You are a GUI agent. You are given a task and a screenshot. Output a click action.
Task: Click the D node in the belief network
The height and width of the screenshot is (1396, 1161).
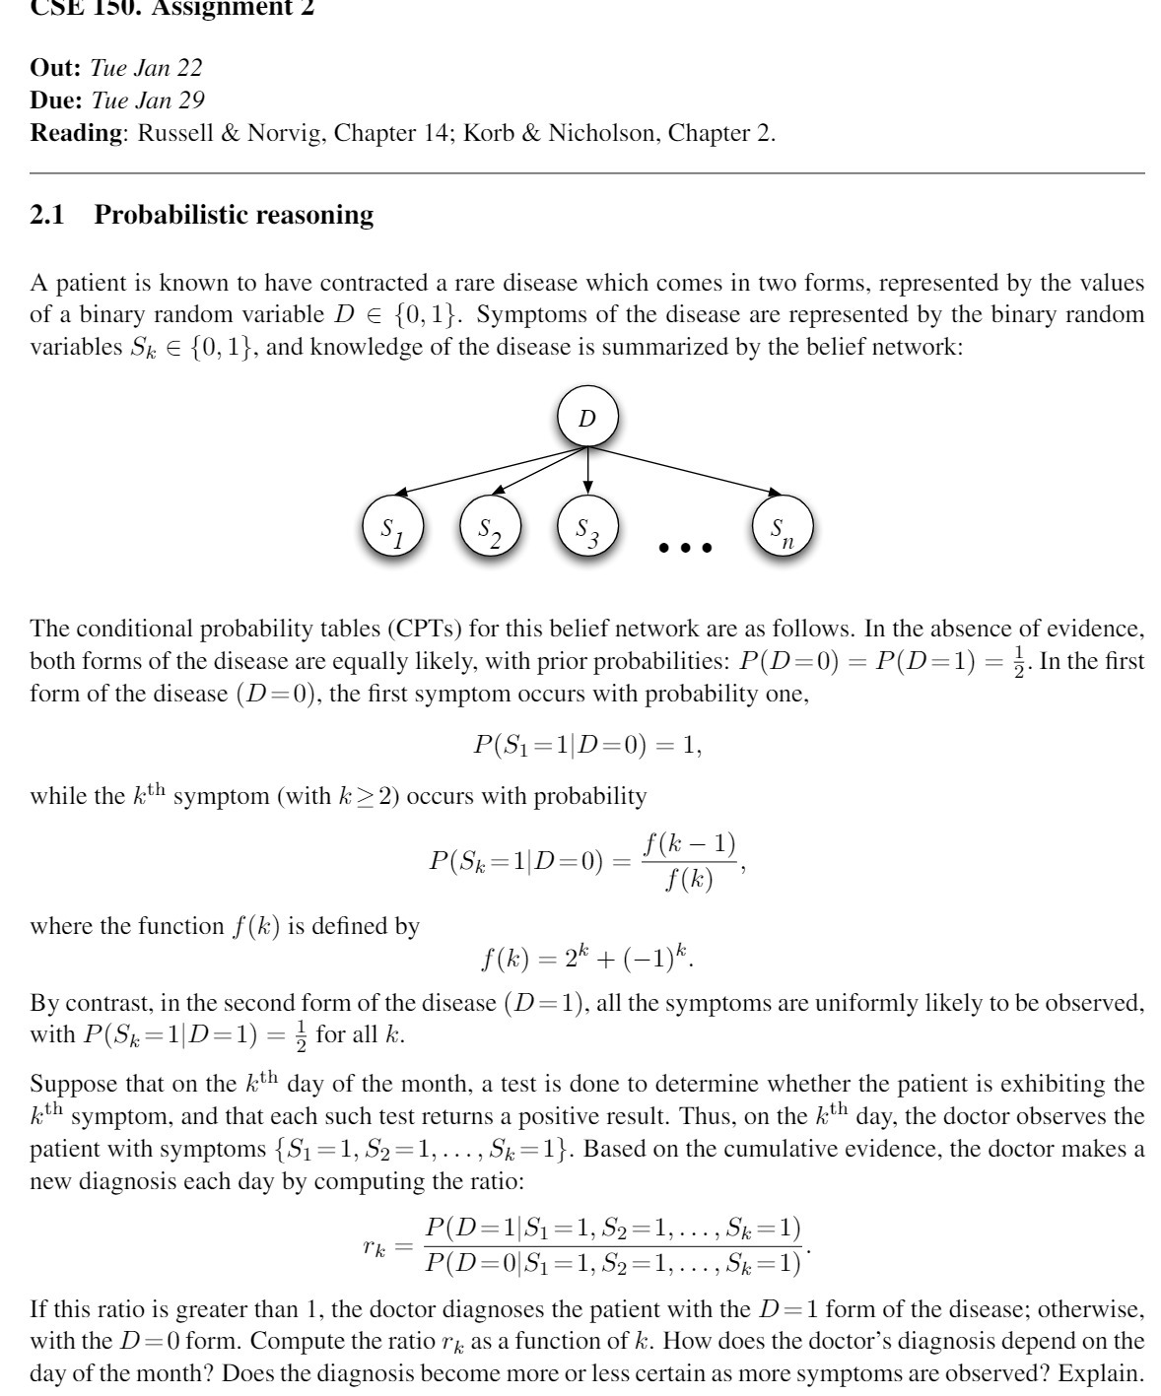[587, 418]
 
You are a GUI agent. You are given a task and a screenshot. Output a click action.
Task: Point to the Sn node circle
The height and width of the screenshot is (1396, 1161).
[783, 526]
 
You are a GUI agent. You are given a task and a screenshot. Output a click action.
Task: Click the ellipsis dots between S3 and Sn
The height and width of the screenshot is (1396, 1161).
[685, 547]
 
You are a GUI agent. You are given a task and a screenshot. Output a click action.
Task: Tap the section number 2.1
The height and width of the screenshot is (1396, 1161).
[47, 215]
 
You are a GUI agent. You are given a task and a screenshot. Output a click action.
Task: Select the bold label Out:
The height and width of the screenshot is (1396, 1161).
[56, 67]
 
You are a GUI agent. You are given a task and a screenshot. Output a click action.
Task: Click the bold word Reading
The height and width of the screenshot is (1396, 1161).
[75, 132]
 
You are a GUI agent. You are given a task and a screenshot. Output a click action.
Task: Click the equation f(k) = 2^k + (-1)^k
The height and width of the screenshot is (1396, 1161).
[587, 958]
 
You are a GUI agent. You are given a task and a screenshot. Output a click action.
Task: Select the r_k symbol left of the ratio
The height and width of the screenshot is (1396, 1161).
[375, 1246]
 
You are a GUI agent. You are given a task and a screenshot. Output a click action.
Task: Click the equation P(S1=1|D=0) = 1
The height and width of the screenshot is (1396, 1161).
[587, 745]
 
